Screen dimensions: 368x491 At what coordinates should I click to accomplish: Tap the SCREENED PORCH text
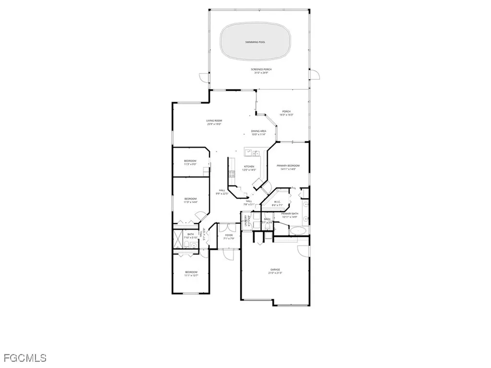pyautogui.click(x=261, y=69)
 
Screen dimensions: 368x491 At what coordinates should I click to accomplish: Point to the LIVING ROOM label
pyautogui.click(x=214, y=121)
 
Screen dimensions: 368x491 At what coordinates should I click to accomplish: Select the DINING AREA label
pyautogui.click(x=258, y=131)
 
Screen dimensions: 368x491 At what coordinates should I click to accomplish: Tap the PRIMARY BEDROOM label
pyautogui.click(x=288, y=166)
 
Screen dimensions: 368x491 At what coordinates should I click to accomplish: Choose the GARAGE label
pyautogui.click(x=275, y=270)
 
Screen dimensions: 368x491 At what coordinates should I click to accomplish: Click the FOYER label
pyautogui.click(x=229, y=235)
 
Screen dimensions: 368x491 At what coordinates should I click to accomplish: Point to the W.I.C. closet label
pyautogui.click(x=277, y=202)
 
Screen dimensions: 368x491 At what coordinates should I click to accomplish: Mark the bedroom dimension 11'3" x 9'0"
pyautogui.click(x=190, y=164)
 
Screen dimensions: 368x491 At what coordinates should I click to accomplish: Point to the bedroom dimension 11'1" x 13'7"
pyautogui.click(x=191, y=276)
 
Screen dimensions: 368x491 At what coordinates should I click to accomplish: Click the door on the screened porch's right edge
pyautogui.click(x=315, y=74)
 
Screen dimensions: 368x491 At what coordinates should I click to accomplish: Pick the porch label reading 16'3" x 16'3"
pyautogui.click(x=286, y=115)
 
